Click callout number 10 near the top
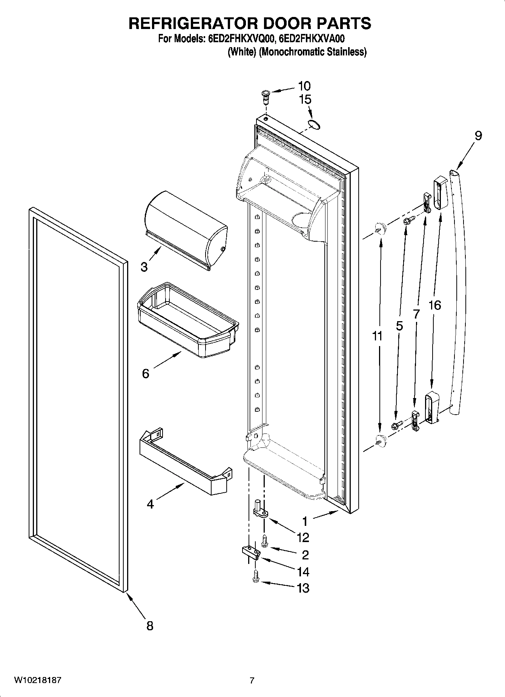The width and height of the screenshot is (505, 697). [304, 86]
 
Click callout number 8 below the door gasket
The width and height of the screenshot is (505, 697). [150, 626]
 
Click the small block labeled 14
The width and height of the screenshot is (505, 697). [251, 553]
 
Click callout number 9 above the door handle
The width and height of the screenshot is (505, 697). [478, 135]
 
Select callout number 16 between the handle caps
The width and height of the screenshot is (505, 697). [434, 305]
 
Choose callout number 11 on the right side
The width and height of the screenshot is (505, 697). [377, 335]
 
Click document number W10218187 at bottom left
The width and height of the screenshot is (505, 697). [37, 680]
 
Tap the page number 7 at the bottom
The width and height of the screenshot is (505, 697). [252, 681]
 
